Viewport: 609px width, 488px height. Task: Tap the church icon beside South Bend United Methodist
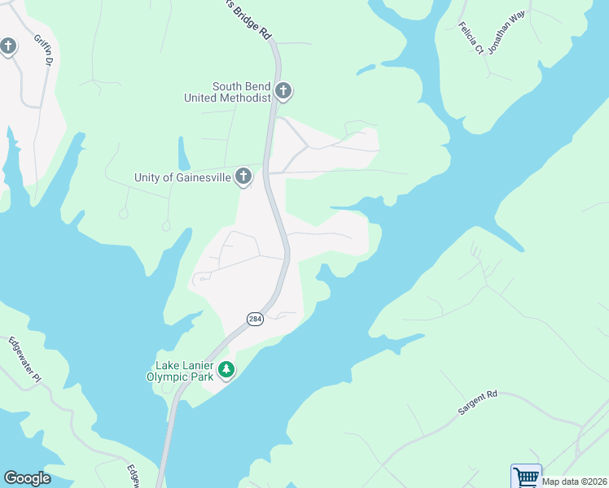click(x=283, y=91)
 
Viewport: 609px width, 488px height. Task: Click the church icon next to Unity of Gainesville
click(x=243, y=176)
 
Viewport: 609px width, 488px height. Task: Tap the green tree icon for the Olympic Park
click(x=226, y=371)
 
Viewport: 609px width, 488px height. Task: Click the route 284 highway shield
click(x=255, y=320)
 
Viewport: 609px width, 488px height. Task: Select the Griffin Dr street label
click(x=43, y=50)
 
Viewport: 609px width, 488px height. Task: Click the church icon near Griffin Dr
click(x=9, y=46)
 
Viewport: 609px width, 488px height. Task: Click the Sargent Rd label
click(x=477, y=403)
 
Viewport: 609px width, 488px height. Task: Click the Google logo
click(x=27, y=478)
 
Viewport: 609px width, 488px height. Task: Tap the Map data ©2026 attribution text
click(x=575, y=481)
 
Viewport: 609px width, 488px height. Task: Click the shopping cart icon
click(x=526, y=477)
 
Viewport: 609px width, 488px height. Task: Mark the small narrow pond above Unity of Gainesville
click(x=184, y=152)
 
